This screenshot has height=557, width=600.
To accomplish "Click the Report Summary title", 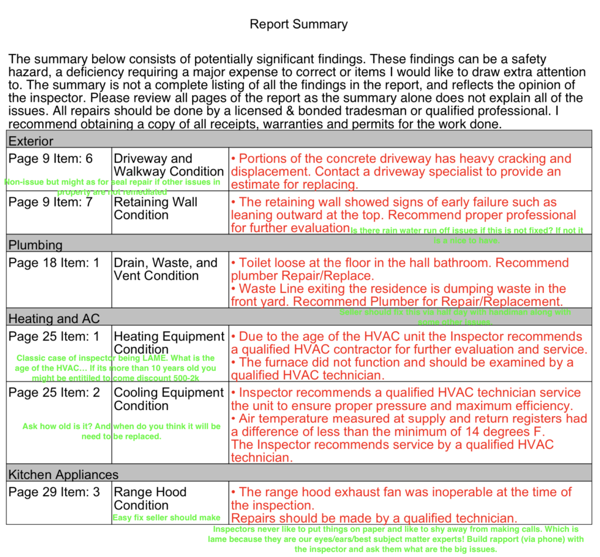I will coord(298,25).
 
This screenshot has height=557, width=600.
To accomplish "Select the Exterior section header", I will coord(31,141).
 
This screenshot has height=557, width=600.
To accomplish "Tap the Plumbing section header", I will coord(35,244).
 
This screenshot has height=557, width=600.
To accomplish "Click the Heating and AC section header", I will coord(54,318).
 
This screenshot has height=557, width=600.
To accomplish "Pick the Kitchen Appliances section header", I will coord(63,475).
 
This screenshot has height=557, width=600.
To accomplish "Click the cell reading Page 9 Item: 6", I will coord(50,159).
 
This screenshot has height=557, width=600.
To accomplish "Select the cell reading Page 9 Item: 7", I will coord(50,202).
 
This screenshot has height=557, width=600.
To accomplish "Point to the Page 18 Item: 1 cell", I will coord(54,263).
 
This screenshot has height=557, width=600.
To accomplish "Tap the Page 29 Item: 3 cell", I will coord(54,492).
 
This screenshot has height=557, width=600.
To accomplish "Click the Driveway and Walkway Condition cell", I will coord(169,165).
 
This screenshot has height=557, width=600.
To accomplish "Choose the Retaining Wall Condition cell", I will coord(155,209).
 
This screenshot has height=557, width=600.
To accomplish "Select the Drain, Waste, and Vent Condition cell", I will coord(165,269).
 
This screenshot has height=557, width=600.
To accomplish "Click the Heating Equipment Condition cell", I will coord(169,343).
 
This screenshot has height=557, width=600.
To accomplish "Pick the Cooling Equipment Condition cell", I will coord(169,399).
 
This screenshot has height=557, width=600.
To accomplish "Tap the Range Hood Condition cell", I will coord(150,498).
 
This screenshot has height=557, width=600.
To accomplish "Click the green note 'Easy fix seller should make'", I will coord(166,518).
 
